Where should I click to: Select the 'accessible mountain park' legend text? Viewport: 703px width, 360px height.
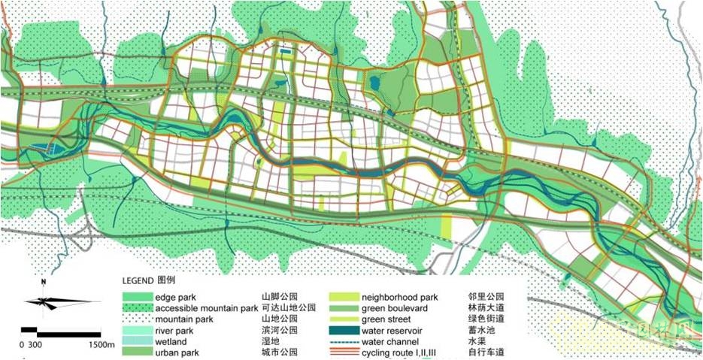click(207, 308)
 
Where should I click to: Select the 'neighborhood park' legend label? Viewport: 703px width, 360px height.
click(399, 297)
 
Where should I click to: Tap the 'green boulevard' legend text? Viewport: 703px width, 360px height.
click(395, 308)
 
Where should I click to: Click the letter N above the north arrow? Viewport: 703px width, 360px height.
click(44, 282)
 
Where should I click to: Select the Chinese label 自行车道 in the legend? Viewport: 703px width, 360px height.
click(485, 352)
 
